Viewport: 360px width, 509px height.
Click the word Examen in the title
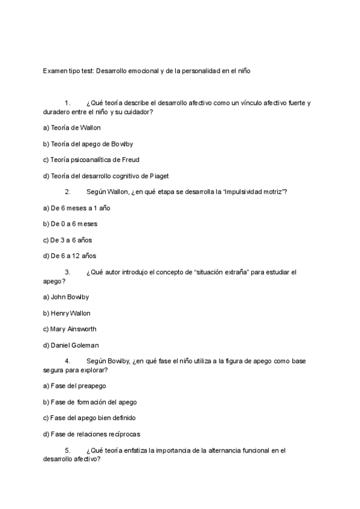tap(55, 71)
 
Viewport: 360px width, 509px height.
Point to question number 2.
tap(68, 192)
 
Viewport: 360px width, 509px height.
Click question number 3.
tap(68, 272)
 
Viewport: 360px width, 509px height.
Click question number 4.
tap(68, 361)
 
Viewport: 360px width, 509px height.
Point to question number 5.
tap(68, 450)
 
